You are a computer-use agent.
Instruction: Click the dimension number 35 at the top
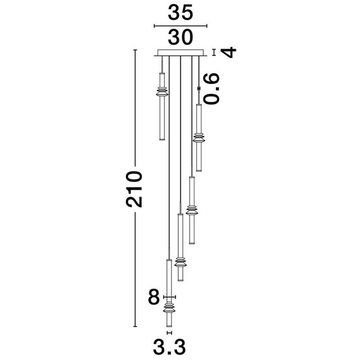pos(180,13)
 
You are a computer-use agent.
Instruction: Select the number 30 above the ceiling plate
pos(180,37)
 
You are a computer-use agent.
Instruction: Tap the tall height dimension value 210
pos(134,189)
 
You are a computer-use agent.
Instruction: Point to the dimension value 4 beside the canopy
pos(229,52)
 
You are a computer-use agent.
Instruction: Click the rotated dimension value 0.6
pos(212,89)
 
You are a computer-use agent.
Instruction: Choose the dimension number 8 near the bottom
pos(154,297)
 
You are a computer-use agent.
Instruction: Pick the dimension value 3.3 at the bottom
pos(169,347)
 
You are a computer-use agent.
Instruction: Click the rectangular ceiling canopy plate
pos(180,53)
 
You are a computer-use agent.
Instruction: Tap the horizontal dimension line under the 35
pos(181,26)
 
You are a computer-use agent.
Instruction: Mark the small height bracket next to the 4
pos(214,52)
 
